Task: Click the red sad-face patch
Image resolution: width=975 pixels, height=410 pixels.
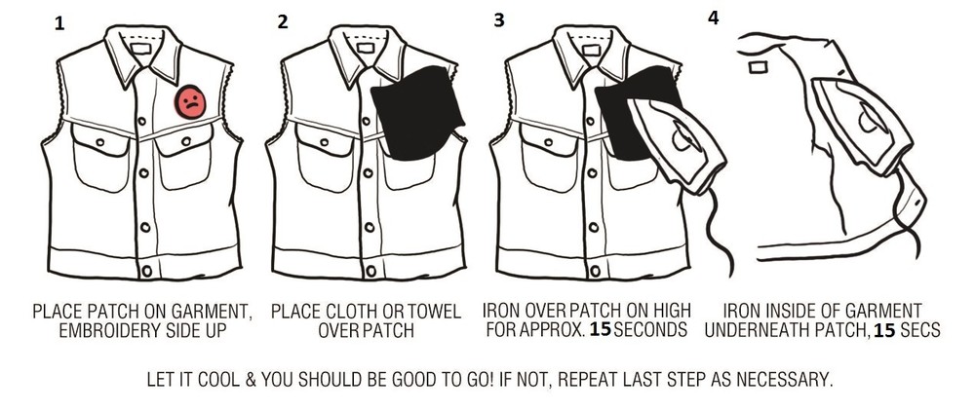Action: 190,102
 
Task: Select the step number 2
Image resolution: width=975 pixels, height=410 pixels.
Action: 283,22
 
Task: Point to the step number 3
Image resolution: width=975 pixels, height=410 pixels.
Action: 498,20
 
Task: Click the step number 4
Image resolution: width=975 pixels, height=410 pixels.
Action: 714,18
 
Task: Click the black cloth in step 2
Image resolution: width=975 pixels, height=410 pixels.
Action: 416,112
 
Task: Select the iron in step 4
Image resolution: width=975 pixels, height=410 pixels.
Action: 861,125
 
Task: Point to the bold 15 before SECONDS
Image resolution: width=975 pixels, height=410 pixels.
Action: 600,330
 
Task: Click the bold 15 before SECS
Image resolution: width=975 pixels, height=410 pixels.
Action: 884,331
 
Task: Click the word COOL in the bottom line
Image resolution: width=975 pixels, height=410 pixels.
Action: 217,379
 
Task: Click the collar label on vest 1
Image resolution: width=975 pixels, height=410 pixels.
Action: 141,48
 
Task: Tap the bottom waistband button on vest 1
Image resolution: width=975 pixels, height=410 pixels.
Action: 147,271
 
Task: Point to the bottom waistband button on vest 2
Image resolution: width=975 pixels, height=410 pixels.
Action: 371,271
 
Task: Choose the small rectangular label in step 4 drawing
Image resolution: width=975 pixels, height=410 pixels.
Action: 759,66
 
